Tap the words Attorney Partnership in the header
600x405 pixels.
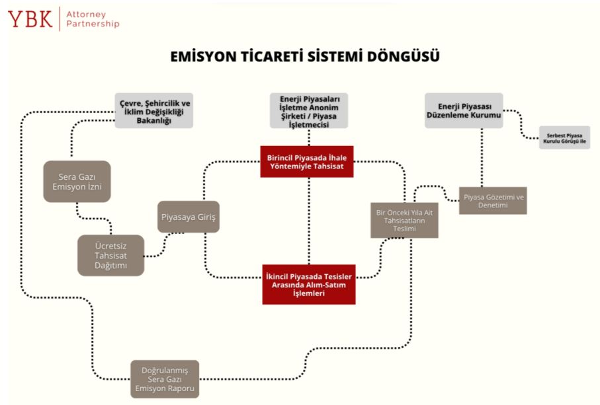(x=92, y=18)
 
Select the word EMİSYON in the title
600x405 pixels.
(x=198, y=57)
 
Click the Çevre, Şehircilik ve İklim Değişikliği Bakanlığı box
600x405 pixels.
(x=154, y=110)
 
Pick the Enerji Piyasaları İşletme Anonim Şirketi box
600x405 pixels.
(x=309, y=110)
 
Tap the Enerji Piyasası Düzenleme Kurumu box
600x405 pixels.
(x=463, y=110)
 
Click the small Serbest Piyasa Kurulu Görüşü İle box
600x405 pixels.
(x=564, y=137)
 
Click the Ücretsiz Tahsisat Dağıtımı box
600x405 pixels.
(x=110, y=255)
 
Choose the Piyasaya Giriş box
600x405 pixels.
(x=189, y=216)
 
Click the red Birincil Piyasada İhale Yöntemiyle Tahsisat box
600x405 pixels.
(x=307, y=161)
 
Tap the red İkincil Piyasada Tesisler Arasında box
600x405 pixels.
(x=308, y=284)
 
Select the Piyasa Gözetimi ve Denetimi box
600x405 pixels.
(x=493, y=200)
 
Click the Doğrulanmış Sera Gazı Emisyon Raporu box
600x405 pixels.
(x=165, y=379)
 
